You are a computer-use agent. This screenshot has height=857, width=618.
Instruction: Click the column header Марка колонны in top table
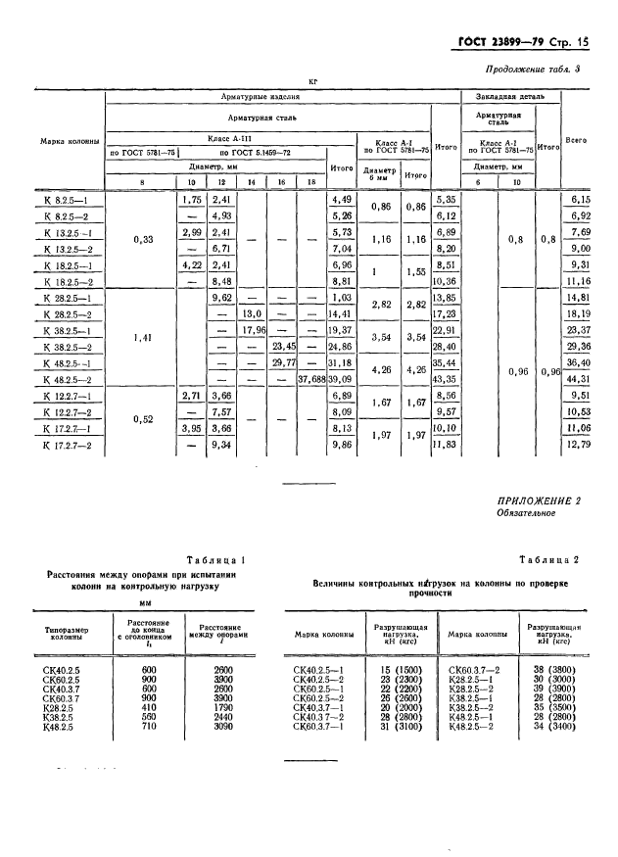[70, 141]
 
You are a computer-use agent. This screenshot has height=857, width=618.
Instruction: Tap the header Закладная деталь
[510, 98]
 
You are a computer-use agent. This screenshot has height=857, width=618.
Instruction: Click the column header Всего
[577, 141]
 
